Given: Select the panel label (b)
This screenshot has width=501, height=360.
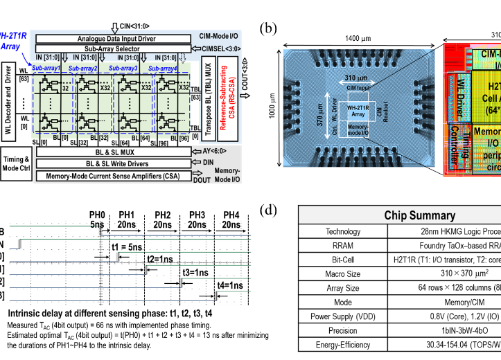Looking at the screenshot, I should click(268, 29).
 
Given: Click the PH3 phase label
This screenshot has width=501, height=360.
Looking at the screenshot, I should click(196, 215).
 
